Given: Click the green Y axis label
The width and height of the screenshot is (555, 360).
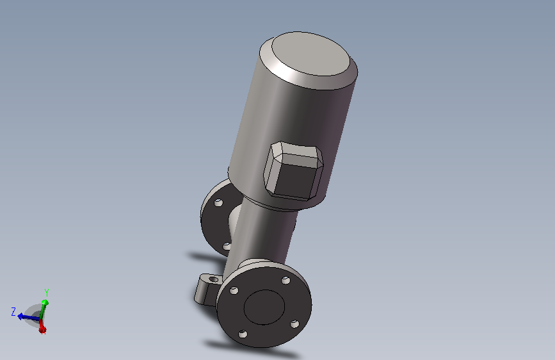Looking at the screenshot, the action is tap(46, 293).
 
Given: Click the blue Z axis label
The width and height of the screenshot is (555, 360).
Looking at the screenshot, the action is tap(13, 312).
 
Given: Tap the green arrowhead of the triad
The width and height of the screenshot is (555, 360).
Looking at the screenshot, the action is tap(45, 302).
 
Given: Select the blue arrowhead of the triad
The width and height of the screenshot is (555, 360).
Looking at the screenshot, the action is tap(21, 316).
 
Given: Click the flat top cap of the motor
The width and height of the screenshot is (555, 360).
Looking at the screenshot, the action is tap(310, 54).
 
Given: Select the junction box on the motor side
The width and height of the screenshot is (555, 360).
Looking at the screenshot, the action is tap(293, 171).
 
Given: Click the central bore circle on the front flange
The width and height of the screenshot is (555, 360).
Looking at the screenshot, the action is tap(264, 307).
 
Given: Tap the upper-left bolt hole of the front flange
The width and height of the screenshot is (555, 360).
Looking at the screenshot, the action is tap(234, 291).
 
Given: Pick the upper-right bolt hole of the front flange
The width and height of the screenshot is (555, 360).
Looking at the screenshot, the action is tap(286, 281).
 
